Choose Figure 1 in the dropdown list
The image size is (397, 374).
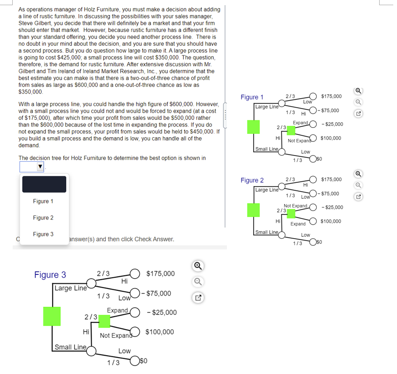click(x=43, y=201)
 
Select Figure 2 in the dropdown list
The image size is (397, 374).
click(x=43, y=218)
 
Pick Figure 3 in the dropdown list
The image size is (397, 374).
click(x=43, y=234)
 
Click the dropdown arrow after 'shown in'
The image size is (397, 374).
click(x=40, y=167)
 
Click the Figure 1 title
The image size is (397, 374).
click(x=252, y=97)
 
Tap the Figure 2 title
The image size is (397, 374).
click(x=252, y=180)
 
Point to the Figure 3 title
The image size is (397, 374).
click(x=50, y=275)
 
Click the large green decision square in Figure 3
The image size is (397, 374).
click(x=52, y=316)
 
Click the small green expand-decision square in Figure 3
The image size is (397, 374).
click(x=104, y=321)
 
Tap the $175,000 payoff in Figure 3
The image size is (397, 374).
click(x=161, y=274)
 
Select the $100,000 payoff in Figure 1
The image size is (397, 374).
click(x=331, y=138)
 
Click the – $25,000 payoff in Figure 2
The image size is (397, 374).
click(x=333, y=207)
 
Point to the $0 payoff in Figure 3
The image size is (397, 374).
click(x=143, y=360)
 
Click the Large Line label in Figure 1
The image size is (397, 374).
click(x=266, y=107)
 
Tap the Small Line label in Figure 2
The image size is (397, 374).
click(x=266, y=232)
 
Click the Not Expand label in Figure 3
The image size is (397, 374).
click(x=116, y=335)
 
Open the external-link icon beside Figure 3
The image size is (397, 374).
click(x=198, y=298)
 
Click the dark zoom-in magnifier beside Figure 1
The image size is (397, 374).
click(x=358, y=91)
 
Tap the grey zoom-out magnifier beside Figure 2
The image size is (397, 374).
click(x=358, y=185)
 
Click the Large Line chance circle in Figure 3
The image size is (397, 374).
click(x=91, y=283)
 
